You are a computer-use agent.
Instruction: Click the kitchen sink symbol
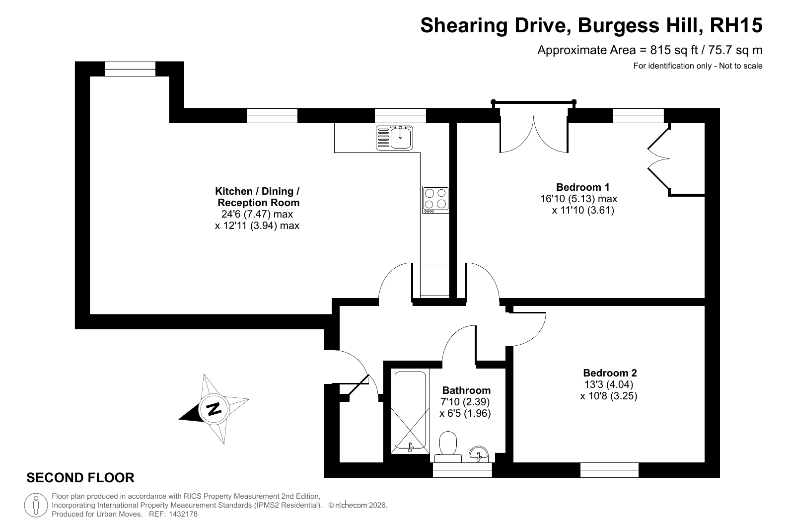(x=394, y=138)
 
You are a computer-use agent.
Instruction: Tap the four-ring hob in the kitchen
(x=435, y=200)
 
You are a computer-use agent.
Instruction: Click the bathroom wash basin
(x=479, y=454)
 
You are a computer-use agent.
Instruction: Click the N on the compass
(x=214, y=409)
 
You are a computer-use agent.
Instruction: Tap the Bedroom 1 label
(x=582, y=187)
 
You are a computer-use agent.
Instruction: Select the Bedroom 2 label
(x=610, y=373)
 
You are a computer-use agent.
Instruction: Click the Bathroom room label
(x=466, y=390)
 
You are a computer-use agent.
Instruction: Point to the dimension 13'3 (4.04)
(x=609, y=384)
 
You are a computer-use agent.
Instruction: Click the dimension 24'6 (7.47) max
(x=257, y=214)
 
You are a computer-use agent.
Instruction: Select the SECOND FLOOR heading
(x=80, y=477)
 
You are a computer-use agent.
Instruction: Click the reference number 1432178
(x=183, y=514)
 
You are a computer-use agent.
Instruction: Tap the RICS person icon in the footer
(x=36, y=505)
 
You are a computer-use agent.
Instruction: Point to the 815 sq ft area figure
(x=674, y=50)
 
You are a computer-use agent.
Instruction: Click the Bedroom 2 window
(x=609, y=470)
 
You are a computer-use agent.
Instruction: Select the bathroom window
(x=462, y=470)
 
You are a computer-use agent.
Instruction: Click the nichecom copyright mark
(x=358, y=505)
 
